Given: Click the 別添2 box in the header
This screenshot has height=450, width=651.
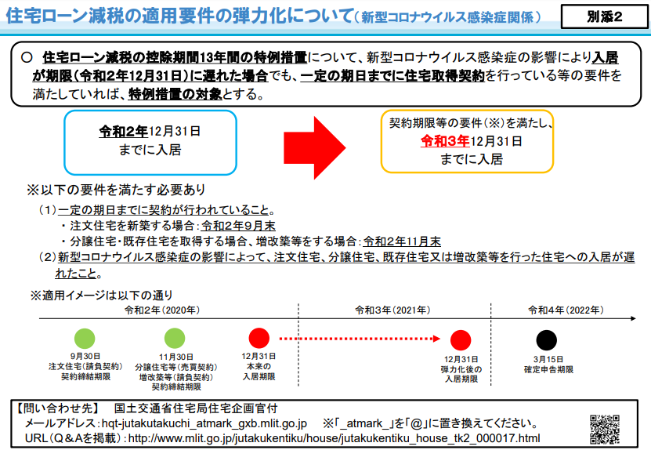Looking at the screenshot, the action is click(604, 16).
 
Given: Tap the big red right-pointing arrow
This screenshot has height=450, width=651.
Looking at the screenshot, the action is click(314, 147).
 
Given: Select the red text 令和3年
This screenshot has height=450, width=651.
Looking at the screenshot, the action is click(445, 141).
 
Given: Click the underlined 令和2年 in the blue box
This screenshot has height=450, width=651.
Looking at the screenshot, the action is click(123, 131).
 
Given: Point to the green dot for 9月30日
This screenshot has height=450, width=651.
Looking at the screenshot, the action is click(85, 338).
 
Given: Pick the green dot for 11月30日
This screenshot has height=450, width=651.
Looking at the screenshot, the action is click(175, 338).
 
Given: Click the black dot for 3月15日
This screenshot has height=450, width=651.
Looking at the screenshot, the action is click(546, 340).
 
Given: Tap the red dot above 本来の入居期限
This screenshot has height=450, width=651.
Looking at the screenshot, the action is click(259, 338).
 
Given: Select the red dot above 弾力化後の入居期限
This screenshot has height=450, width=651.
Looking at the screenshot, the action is click(461, 340).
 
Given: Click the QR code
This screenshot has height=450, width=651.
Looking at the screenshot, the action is click(605, 429).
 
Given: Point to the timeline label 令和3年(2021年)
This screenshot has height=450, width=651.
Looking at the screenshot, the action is click(392, 310).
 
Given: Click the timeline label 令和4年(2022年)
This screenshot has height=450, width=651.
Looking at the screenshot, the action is click(566, 310).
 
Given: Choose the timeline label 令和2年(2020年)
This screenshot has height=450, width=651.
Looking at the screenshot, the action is click(162, 310).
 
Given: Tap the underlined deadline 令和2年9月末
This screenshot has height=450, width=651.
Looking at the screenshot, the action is click(238, 226).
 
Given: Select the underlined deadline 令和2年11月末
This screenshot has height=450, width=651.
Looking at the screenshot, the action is click(402, 241).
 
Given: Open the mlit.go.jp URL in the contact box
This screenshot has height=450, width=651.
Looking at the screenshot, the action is click(335, 438).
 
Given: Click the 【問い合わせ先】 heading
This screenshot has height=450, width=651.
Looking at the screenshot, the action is click(57, 408).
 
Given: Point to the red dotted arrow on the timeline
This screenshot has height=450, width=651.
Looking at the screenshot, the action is click(360, 339).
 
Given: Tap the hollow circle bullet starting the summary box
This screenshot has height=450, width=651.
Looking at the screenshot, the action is click(27, 57).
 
